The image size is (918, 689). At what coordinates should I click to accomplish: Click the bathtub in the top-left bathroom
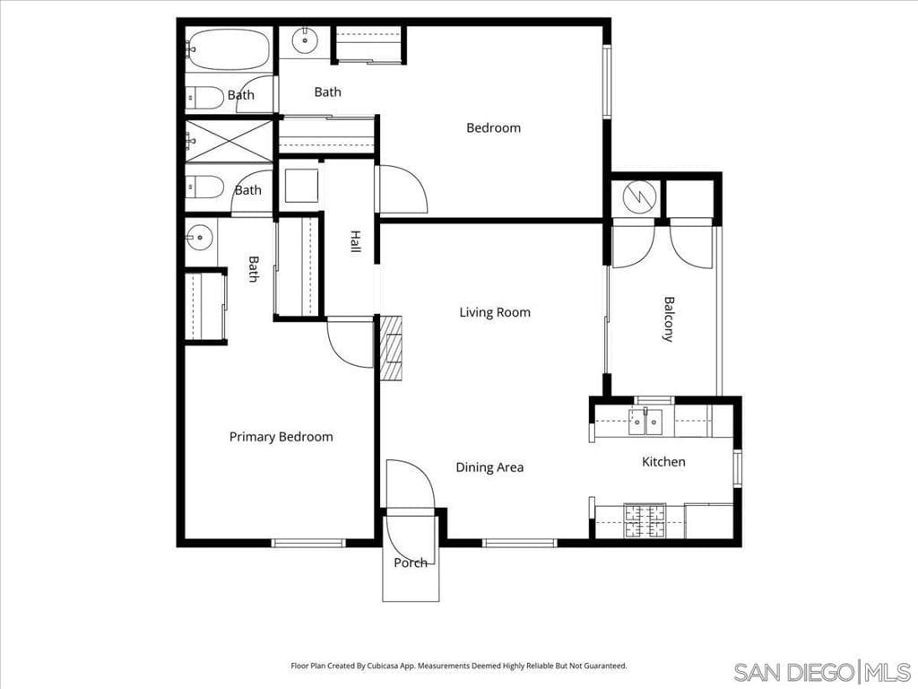click(x=229, y=49)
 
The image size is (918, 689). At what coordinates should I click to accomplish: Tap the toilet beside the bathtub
click(x=204, y=96)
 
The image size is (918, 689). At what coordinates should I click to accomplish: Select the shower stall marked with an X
click(x=229, y=141)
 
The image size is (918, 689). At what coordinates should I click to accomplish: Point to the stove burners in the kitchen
click(x=645, y=520)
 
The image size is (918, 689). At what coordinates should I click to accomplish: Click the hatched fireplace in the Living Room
click(x=390, y=348)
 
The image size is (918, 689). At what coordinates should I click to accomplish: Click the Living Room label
click(x=495, y=312)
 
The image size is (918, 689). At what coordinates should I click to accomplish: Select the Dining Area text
click(x=489, y=467)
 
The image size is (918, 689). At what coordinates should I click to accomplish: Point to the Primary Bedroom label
click(x=281, y=437)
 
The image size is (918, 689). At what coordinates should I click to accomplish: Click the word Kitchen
click(x=663, y=462)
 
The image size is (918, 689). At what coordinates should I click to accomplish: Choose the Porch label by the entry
click(x=411, y=563)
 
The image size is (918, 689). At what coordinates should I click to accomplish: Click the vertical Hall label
click(x=356, y=241)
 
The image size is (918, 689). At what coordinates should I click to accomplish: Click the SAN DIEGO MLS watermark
click(x=820, y=671)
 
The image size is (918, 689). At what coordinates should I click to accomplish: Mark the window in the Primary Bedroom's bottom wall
click(x=308, y=542)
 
